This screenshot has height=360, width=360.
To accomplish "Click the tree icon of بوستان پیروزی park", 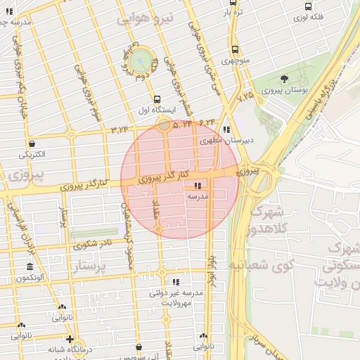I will tap(284, 79).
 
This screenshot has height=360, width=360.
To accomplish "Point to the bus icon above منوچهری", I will tap(234, 50).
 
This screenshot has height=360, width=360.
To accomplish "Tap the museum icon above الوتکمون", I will tap(30, 268).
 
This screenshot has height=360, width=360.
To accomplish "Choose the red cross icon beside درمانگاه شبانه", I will tap(68, 339).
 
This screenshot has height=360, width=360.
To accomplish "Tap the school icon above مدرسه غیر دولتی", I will tap(175, 281).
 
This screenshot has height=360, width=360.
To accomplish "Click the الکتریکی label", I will tap(32, 153).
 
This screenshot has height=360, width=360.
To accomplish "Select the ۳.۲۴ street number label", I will tap(120, 129).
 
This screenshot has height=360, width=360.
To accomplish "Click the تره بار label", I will tap(234, 13).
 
